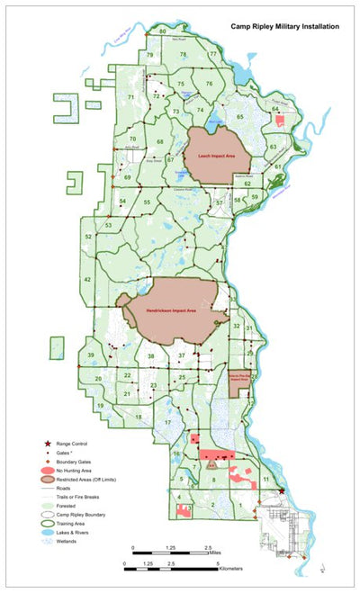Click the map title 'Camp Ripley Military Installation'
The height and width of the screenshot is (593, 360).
[x=284, y=28]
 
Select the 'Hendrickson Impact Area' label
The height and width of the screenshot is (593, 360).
[x=170, y=310]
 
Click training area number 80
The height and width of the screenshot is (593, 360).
[x=162, y=31]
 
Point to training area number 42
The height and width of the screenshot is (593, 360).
[x=87, y=280]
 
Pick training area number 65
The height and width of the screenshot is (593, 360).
[x=240, y=118]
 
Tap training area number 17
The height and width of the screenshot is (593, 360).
[x=167, y=422]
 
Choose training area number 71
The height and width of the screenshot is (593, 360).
[x=131, y=96]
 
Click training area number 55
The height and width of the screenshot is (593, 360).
[x=146, y=203]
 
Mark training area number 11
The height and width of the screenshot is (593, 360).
[x=265, y=481]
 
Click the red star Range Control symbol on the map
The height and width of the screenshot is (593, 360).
[x=282, y=491]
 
